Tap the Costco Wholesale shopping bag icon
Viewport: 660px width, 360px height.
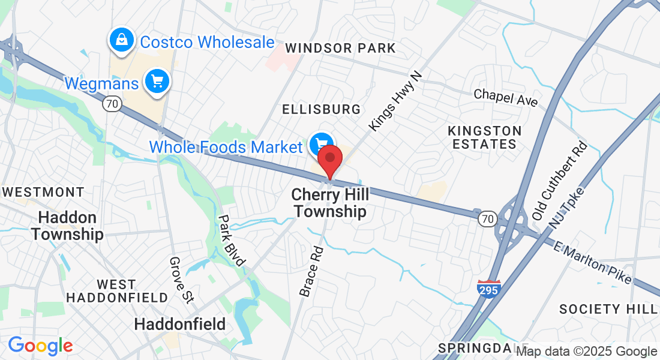[x=122, y=40]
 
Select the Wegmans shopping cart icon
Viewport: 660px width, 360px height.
[x=157, y=82]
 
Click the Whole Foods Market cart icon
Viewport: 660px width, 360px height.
[x=321, y=144]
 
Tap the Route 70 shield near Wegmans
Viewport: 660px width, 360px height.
[x=111, y=104]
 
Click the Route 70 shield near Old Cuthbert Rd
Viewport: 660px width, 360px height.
[x=487, y=219]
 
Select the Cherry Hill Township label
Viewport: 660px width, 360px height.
[x=329, y=203]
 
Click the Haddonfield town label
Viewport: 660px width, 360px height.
[x=180, y=325]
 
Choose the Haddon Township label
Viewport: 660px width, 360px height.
[x=67, y=226]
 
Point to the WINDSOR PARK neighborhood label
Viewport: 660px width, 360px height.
[x=340, y=48]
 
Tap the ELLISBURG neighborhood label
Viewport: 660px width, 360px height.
[x=322, y=109]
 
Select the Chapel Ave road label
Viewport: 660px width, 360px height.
[x=506, y=98]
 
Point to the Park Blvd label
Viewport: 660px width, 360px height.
[x=232, y=240]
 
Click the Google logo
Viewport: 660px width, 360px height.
[x=40, y=346]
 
